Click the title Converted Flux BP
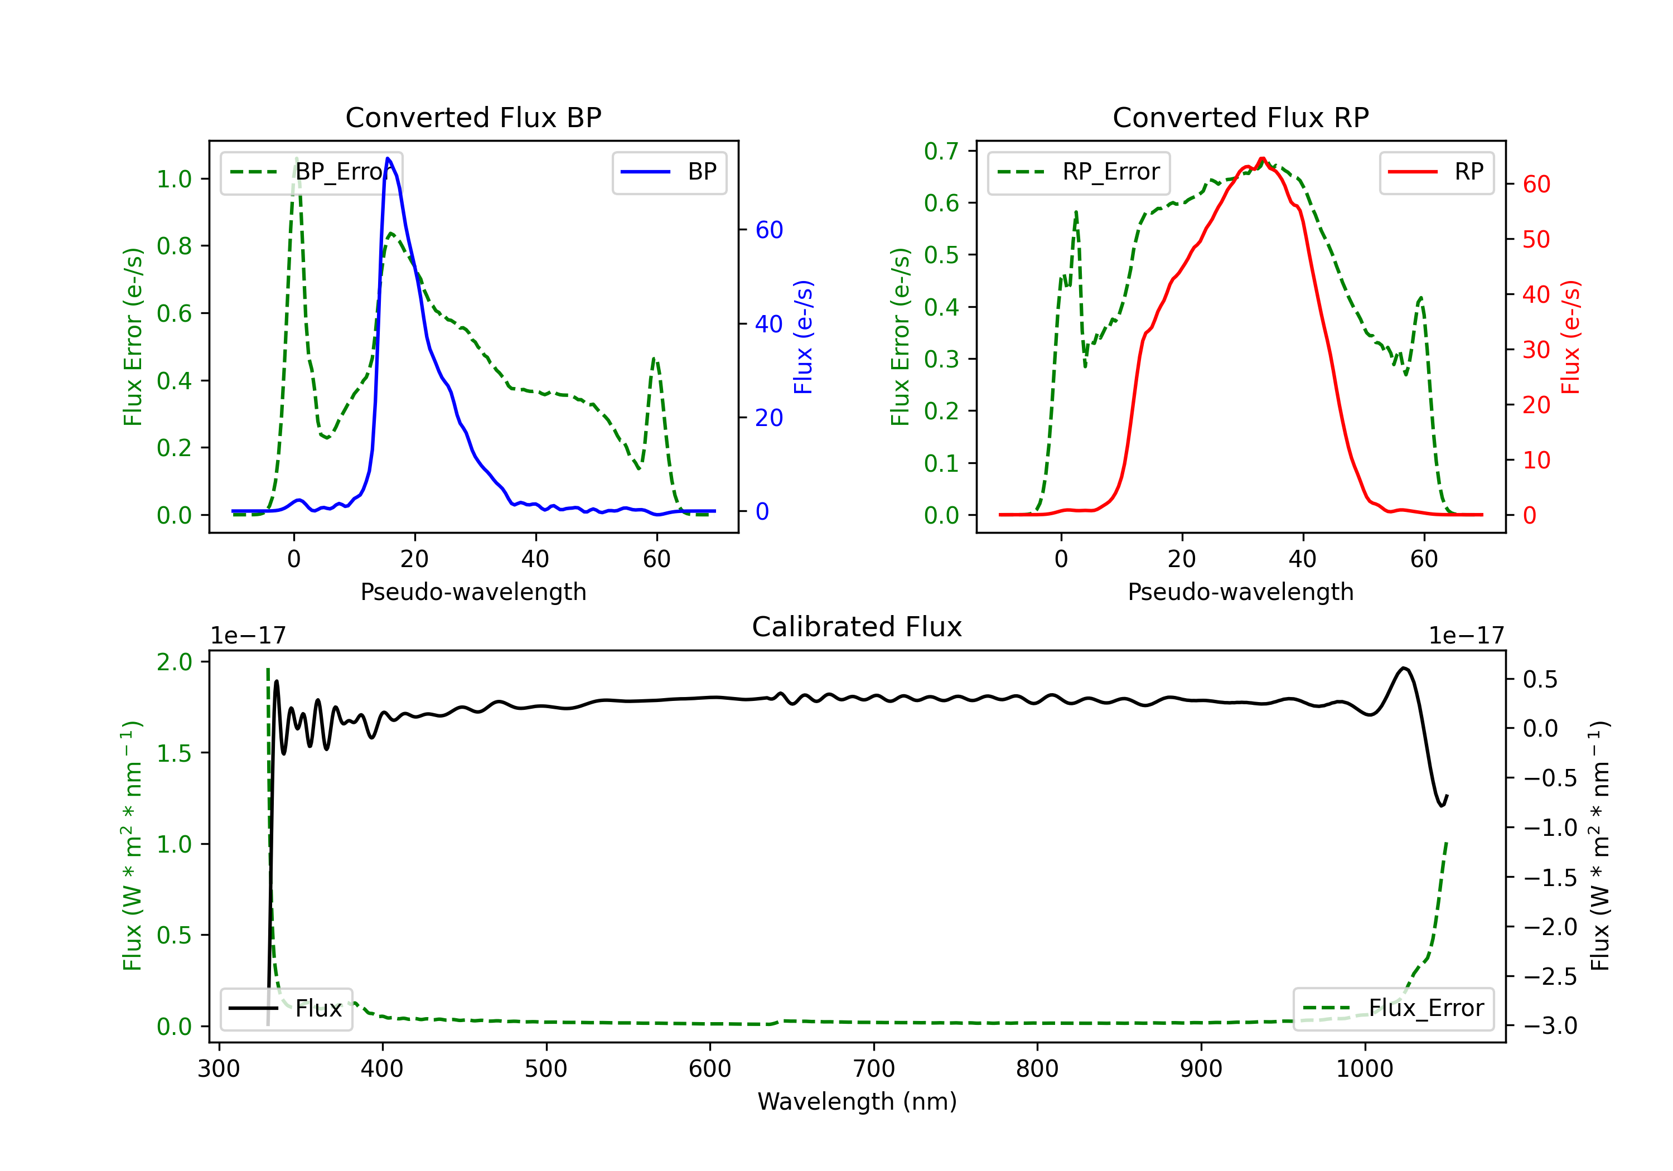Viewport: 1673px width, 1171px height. [x=473, y=117]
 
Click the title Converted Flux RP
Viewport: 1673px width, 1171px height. [x=1240, y=117]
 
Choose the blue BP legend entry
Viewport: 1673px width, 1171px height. [x=669, y=172]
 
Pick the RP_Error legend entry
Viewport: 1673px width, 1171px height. [x=1079, y=172]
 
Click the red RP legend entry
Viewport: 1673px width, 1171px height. [x=1435, y=172]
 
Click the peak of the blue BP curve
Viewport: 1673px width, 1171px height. [x=388, y=158]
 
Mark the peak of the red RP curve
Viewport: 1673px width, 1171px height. [x=1262, y=158]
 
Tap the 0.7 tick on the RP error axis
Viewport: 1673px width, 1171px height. [x=941, y=151]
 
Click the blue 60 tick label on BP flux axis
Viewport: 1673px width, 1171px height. [x=768, y=230]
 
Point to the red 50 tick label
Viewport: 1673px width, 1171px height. [x=1536, y=240]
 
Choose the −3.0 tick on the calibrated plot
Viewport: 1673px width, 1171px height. [x=1549, y=1026]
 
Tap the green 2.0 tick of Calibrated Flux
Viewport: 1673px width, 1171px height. [x=174, y=662]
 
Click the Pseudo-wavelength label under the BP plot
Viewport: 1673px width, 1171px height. [x=473, y=592]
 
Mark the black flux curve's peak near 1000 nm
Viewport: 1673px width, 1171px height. [x=1404, y=667]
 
